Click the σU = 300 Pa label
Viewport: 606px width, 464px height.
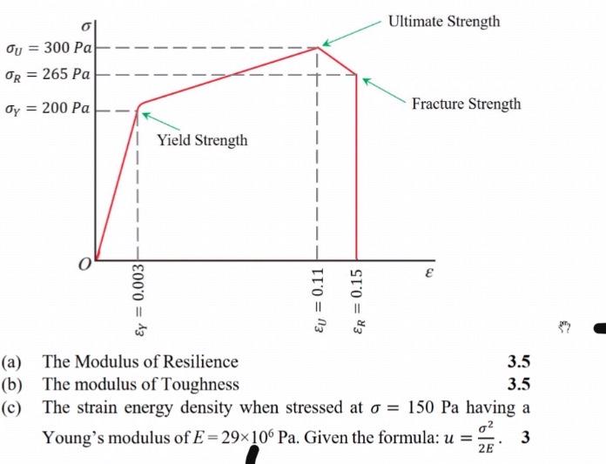click(48, 45)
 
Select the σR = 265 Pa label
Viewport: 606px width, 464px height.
click(48, 73)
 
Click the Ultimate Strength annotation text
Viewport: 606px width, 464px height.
click(444, 21)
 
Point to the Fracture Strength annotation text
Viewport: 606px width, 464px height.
click(467, 104)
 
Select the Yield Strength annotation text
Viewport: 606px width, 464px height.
click(202, 140)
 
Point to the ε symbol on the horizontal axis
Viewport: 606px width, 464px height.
click(428, 272)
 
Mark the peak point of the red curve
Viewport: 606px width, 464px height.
click(318, 47)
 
